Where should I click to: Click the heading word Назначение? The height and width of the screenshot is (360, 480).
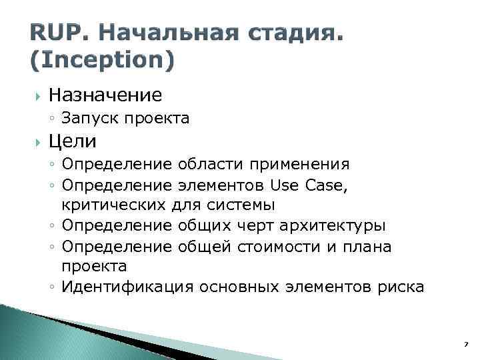point(105,95)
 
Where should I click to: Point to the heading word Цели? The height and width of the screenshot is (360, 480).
point(73,141)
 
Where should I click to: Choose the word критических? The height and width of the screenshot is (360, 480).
point(112,205)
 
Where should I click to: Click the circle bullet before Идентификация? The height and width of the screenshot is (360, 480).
point(53,288)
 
